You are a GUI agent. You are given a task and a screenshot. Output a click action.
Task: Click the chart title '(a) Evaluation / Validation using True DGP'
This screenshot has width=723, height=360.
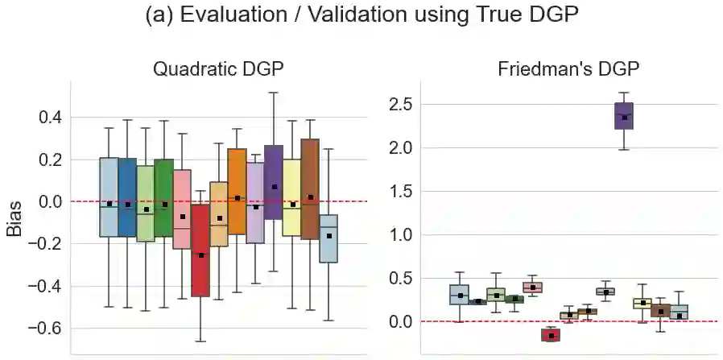(x=361, y=17)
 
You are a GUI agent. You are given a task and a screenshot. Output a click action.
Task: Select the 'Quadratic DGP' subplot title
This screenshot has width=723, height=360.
(x=218, y=68)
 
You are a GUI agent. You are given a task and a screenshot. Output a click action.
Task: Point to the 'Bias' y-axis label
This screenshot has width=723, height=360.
(x=14, y=218)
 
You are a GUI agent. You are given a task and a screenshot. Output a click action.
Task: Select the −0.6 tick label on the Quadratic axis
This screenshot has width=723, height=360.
(x=43, y=329)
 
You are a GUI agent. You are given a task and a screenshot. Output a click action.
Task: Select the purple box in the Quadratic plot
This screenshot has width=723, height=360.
(x=274, y=182)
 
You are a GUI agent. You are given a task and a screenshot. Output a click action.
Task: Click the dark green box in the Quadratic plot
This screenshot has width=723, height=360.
(x=164, y=197)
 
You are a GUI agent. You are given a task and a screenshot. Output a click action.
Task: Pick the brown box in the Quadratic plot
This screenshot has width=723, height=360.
(x=310, y=189)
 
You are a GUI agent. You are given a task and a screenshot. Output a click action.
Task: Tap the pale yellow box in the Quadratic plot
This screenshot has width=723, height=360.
(x=291, y=197)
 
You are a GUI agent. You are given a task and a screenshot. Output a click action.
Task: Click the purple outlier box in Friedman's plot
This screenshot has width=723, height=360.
(x=624, y=116)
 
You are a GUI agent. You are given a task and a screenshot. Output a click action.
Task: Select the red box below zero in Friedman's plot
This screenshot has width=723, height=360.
(x=551, y=335)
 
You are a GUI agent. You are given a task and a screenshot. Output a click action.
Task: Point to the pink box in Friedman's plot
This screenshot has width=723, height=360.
(x=532, y=287)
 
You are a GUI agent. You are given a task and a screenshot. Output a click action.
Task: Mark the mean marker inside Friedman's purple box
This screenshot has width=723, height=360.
(x=624, y=118)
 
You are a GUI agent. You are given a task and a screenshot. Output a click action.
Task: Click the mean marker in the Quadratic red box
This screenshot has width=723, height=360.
(x=200, y=255)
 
